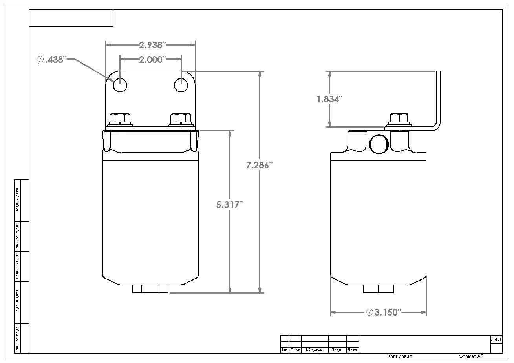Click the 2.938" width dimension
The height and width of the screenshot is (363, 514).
pos(151,45)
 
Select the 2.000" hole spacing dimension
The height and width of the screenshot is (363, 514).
pos(151,59)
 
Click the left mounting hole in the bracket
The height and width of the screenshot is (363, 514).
pos(120,85)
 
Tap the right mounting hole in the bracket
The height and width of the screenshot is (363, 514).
pos(181,85)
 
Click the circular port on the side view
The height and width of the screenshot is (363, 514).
pos(379,144)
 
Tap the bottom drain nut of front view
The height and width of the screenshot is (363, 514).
pos(150,289)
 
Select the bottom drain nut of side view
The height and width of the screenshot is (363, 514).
pos(378,289)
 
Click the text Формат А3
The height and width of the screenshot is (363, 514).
pos(470,356)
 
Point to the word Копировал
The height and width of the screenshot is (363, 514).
pos(400,356)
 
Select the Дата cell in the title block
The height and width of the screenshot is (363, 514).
pos(352,350)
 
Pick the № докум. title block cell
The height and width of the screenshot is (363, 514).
pos(315,350)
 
